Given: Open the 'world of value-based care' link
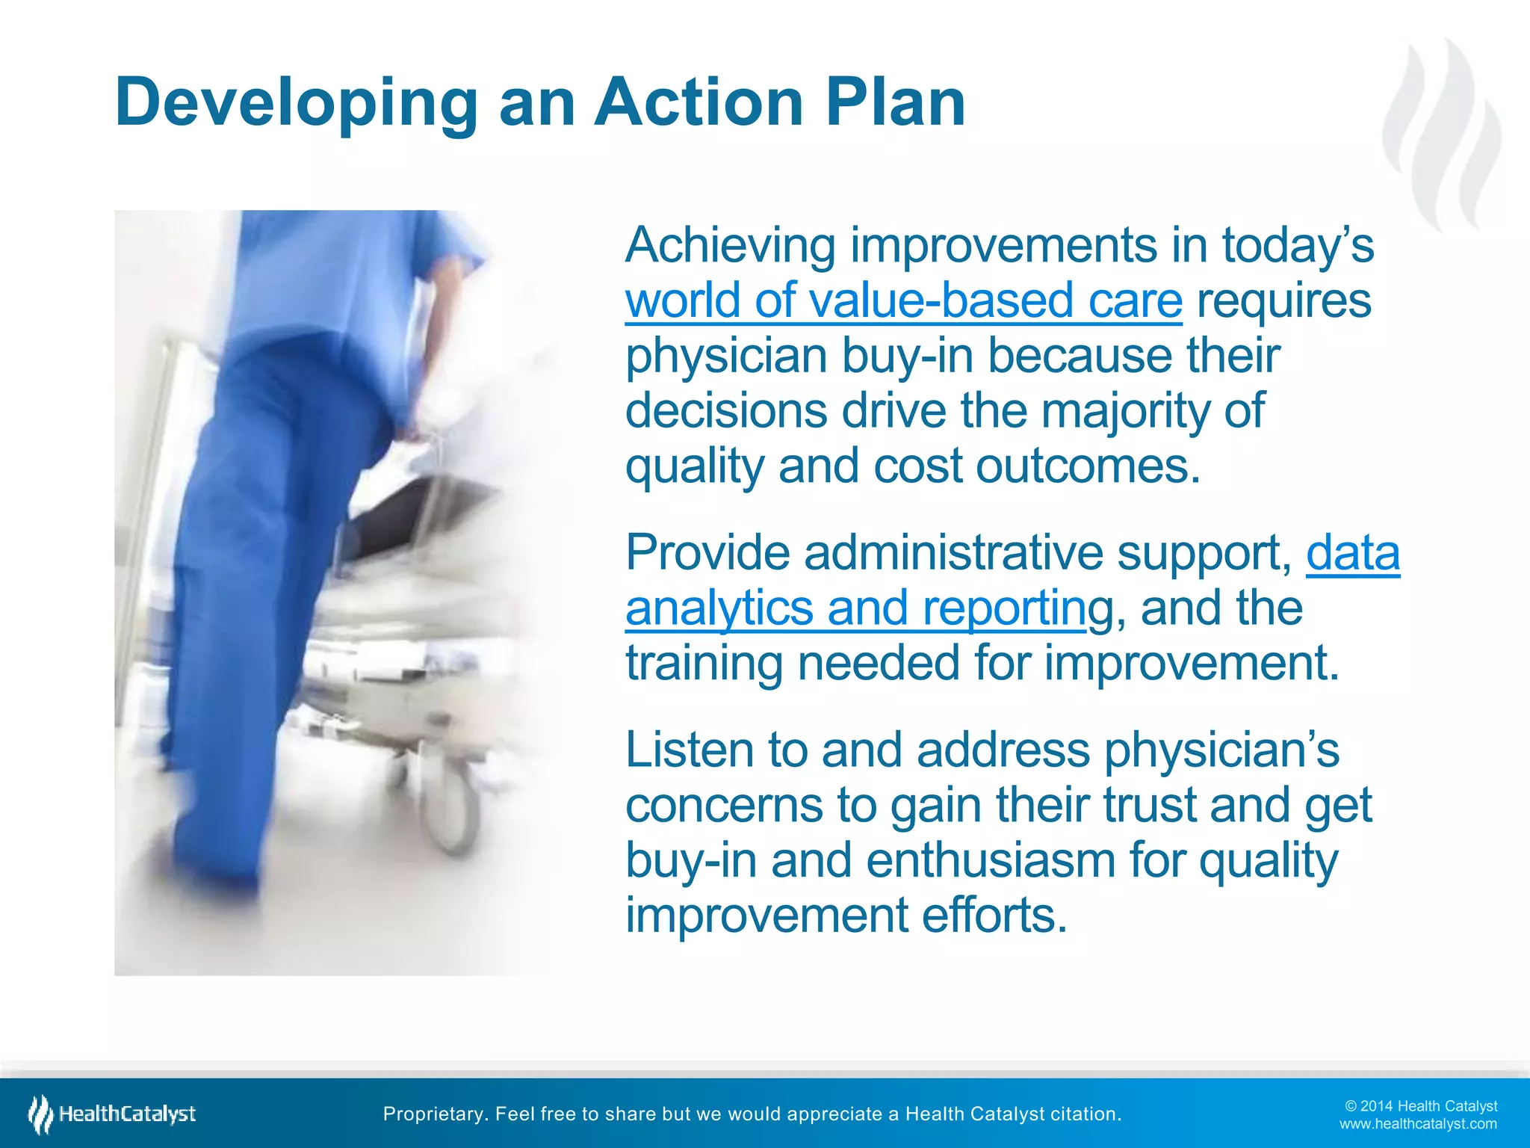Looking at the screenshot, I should click(x=903, y=300).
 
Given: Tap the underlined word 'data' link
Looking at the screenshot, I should click(x=1352, y=553).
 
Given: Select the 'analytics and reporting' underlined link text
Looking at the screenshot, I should click(x=855, y=608).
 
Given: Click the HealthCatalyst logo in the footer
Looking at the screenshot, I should click(x=112, y=1114).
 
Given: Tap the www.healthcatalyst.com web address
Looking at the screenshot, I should click(x=1417, y=1124).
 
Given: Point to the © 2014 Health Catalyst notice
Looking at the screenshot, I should click(x=1420, y=1106).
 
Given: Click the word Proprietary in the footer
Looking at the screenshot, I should click(x=434, y=1114).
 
